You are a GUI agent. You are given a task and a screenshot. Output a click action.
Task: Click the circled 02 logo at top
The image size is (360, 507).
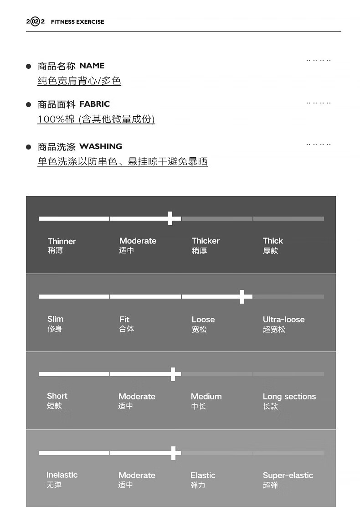[x=35, y=21]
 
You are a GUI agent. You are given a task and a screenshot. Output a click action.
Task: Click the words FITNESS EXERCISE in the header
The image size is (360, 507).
[x=77, y=21]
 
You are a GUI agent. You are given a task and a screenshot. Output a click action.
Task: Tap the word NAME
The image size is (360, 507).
[x=92, y=66]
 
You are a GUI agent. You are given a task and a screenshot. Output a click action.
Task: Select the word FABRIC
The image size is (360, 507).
[x=94, y=104]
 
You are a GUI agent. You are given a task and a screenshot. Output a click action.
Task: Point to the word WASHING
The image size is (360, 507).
[x=101, y=146]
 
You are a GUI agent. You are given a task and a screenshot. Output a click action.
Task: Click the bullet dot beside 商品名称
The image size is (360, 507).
[x=29, y=66]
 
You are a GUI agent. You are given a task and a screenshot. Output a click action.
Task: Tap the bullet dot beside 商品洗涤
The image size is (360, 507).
[x=29, y=147]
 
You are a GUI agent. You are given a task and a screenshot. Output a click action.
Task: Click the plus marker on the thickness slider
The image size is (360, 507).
[x=170, y=218]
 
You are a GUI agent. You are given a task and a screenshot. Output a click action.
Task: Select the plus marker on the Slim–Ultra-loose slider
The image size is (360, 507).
[x=242, y=296]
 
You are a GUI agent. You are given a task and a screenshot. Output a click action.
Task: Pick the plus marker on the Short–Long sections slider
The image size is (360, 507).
[x=173, y=374]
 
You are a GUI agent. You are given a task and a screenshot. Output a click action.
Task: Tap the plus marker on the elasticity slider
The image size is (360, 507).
[x=173, y=453]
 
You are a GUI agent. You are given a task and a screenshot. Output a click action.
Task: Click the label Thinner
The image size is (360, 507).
[x=62, y=241]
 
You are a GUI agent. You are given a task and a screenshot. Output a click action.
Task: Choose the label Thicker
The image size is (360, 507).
[x=206, y=241]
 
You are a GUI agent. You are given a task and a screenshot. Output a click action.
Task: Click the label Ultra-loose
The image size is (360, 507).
[x=283, y=319]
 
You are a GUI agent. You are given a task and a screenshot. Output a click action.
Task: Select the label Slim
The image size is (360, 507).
[x=55, y=319]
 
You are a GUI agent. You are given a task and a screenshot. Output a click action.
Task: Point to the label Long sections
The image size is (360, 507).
[x=289, y=397]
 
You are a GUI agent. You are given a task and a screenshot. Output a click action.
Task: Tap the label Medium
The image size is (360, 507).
[x=206, y=397]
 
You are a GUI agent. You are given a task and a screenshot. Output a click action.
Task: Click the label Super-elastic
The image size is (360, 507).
[x=288, y=475]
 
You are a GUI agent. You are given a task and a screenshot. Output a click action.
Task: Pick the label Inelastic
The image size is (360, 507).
[x=62, y=475]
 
